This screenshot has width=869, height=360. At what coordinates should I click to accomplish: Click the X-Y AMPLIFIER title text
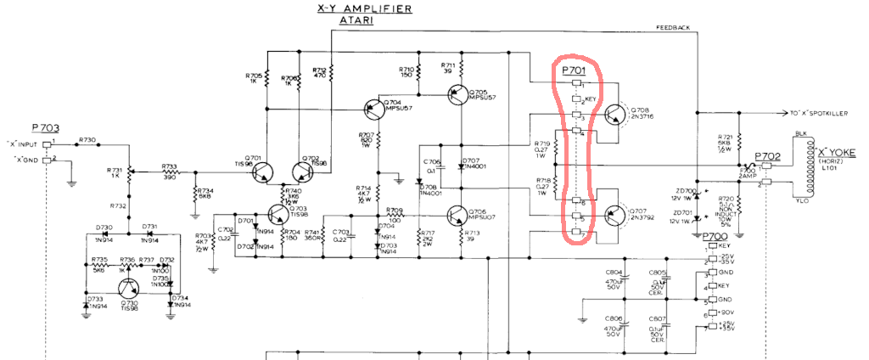point(365,9)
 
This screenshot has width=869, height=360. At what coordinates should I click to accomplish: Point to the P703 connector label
point(46,127)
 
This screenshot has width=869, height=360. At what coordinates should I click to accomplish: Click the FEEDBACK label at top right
point(673,27)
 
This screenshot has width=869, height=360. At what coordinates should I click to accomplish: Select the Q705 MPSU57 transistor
point(458,93)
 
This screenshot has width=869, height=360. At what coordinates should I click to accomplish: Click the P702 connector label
point(768,157)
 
